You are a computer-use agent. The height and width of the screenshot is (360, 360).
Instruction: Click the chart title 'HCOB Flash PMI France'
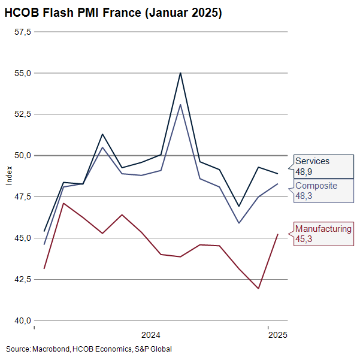click(113, 13)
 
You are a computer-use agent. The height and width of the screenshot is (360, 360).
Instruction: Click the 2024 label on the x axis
click(151, 334)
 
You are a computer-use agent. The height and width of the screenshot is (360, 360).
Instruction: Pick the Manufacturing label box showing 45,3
click(323, 234)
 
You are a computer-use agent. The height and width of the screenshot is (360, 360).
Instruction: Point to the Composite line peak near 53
click(180, 105)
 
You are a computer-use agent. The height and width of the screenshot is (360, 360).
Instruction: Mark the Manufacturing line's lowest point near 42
click(258, 288)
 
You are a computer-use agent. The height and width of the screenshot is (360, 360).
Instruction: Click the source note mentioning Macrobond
click(89, 349)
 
